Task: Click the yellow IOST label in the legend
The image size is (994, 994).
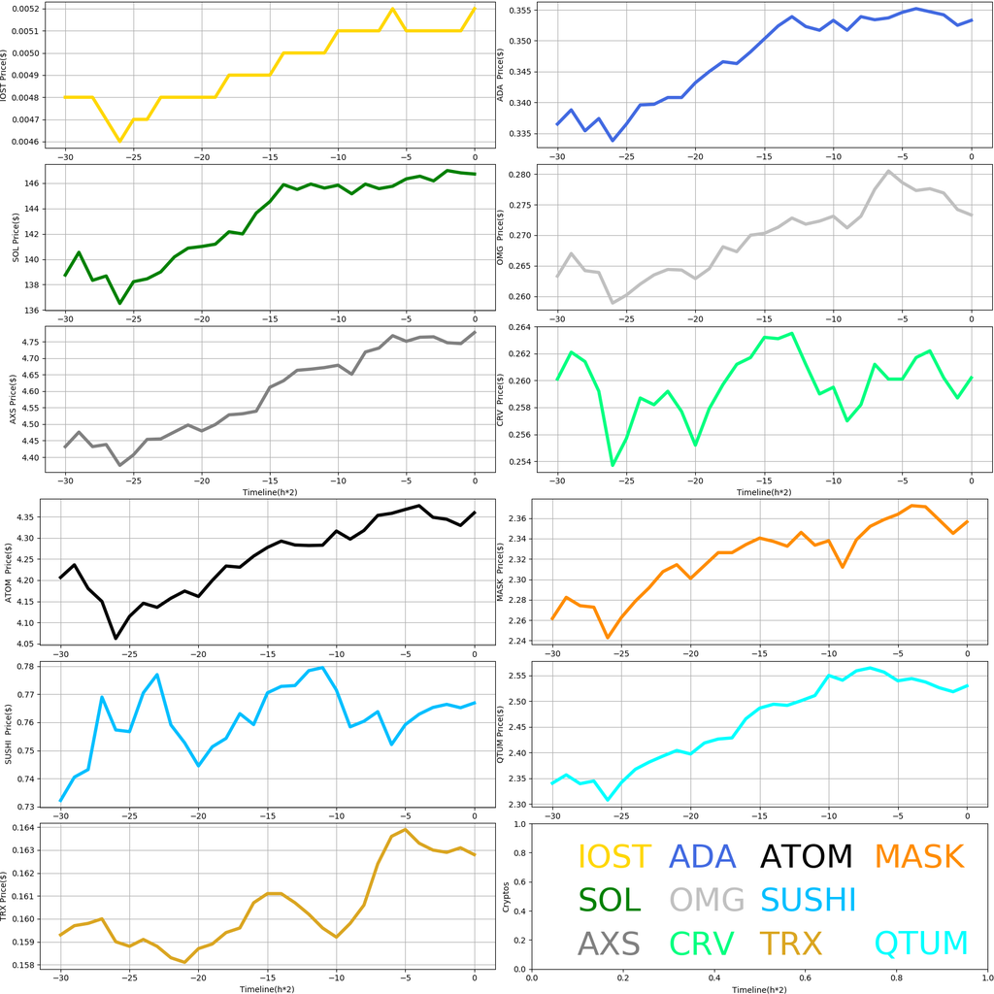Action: (x=614, y=856)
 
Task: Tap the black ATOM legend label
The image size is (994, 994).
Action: (x=806, y=856)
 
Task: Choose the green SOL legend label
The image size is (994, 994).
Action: (x=610, y=900)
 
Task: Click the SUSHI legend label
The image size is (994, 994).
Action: (x=808, y=900)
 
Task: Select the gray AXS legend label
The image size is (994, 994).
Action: (x=609, y=943)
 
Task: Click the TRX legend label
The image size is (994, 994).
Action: (x=791, y=943)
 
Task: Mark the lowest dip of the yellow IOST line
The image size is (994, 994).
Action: (x=120, y=142)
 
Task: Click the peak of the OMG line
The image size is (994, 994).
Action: (x=889, y=171)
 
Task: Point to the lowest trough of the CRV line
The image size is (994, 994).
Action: (x=613, y=465)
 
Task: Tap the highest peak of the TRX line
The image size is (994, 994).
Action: (x=406, y=829)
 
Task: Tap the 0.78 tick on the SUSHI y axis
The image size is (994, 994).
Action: (x=29, y=666)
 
